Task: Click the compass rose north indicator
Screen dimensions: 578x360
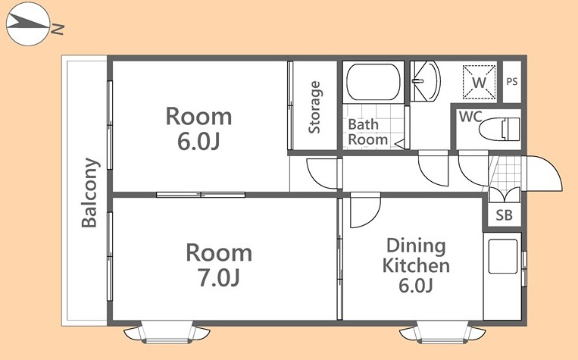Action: (28, 24)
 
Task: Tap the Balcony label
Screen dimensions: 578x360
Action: (89, 193)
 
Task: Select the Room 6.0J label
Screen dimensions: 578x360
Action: (198, 128)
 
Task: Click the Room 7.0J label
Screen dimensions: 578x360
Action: (219, 265)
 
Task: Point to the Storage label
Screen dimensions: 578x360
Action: (314, 107)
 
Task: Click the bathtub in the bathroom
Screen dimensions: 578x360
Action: (373, 83)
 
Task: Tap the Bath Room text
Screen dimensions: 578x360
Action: (367, 132)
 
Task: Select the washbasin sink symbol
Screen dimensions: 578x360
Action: (425, 81)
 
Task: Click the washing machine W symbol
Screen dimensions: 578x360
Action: (480, 82)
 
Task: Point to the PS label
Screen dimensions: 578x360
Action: (512, 82)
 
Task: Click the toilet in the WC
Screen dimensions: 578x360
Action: (499, 129)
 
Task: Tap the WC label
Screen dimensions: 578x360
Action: (470, 117)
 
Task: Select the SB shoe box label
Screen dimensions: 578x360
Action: (504, 215)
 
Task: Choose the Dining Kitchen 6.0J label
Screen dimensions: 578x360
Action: (416, 265)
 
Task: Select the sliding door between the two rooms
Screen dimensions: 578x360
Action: (201, 195)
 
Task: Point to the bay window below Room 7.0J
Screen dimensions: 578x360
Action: (167, 332)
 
